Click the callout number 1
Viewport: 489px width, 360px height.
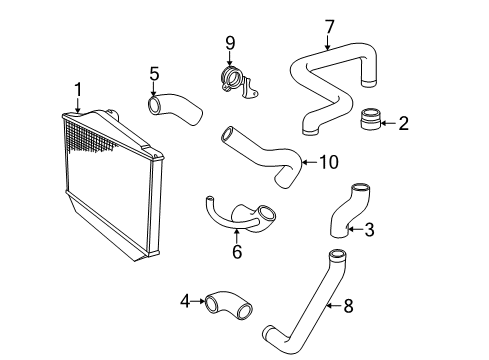[78, 90]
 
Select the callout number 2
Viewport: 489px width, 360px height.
[404, 123]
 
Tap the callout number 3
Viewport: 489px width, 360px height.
[369, 230]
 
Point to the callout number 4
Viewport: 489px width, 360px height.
[185, 301]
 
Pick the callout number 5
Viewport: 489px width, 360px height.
[154, 74]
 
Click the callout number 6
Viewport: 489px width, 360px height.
[237, 252]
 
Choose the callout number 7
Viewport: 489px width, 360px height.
[329, 27]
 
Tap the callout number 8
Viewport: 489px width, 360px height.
[348, 306]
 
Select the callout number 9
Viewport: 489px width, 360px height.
[230, 43]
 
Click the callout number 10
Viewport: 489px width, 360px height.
[329, 162]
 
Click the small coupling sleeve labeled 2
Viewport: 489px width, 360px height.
[371, 119]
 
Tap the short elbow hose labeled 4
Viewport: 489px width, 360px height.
[228, 306]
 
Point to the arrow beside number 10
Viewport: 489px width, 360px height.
[309, 162]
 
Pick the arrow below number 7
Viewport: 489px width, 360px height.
[328, 43]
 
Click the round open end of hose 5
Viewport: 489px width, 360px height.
[154, 104]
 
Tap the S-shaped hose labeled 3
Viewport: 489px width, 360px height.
[348, 211]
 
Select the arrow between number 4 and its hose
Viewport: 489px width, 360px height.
[198, 301]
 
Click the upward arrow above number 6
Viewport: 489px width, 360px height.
[237, 236]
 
